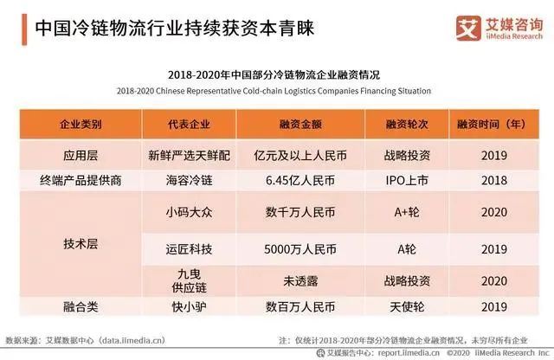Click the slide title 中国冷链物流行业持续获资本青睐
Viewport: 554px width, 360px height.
172,28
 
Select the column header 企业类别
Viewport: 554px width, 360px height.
81,125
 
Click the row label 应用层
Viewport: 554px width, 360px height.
81,156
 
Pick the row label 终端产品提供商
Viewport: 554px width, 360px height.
81,178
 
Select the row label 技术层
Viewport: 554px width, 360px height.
81,244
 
